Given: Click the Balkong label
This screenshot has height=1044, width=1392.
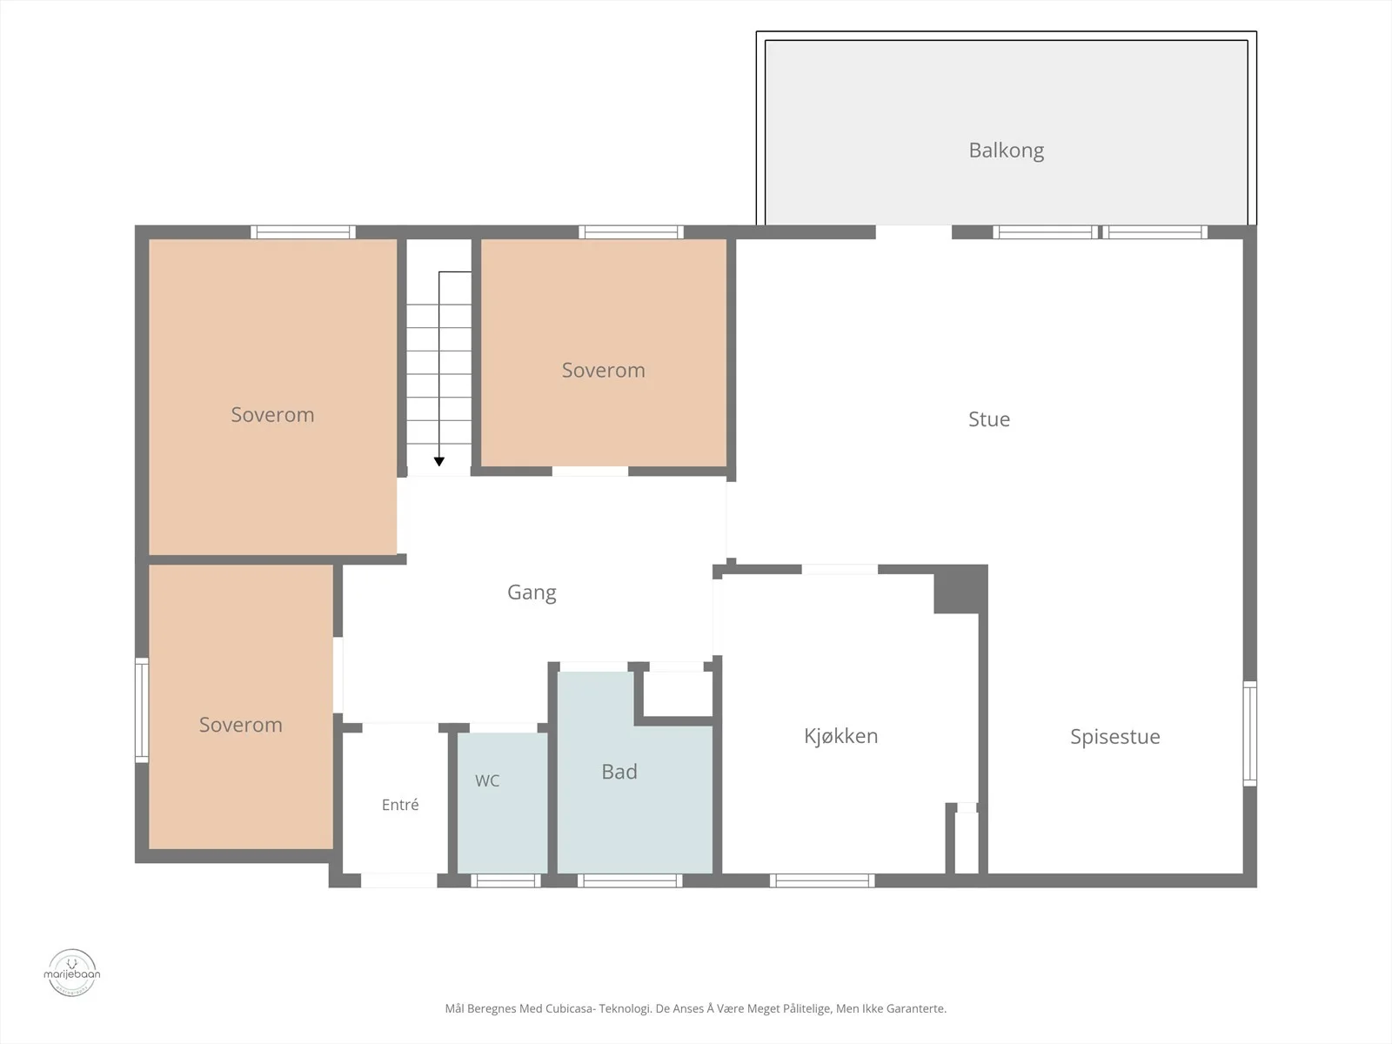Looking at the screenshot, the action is point(1006,151).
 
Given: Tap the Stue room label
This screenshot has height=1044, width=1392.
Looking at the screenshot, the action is point(988,419).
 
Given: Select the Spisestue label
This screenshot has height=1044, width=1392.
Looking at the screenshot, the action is point(1114,737).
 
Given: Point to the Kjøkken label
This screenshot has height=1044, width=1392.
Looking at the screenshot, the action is point(841,736).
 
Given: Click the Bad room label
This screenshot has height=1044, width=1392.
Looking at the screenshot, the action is point(619,772).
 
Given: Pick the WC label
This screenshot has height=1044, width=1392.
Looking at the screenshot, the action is point(487,781).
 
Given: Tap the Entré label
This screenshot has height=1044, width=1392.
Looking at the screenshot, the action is point(400,805).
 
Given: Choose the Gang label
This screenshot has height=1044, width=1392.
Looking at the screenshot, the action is point(532,592).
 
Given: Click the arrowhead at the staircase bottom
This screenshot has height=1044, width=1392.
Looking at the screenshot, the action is point(438,461).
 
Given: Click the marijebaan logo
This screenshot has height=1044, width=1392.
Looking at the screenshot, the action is point(71,973).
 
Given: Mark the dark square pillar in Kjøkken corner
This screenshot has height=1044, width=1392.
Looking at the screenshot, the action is point(960,589).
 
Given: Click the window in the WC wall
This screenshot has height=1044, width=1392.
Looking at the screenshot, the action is point(505,880).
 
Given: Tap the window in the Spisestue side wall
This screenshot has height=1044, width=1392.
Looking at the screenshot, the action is point(1249,733).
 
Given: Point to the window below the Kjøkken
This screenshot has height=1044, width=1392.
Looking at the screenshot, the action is point(822,880).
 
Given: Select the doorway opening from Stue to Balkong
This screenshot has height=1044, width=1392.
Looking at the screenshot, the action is point(913,232).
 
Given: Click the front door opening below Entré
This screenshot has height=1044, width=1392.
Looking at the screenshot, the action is point(398,880).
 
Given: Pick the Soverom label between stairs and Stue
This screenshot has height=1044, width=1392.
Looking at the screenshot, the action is point(603,371).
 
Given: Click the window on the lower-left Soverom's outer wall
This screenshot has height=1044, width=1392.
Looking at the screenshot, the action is point(142,710).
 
